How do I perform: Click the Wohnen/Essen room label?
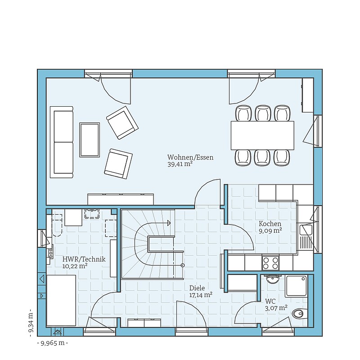point(190,157)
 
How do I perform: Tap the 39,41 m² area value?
point(180,164)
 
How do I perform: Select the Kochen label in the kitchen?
point(270,224)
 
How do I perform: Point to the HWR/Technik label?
point(84,259)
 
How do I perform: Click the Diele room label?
point(197,288)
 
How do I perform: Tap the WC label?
point(270,301)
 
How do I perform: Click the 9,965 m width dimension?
point(52,343)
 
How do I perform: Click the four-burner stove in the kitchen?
point(271,263)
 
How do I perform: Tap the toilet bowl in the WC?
point(300,314)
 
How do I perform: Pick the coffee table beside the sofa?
point(90,140)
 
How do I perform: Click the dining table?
point(262,135)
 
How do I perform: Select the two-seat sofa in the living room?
point(62,142)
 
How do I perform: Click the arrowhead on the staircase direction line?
point(169,223)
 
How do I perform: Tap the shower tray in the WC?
point(296,286)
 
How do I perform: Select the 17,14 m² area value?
point(201,295)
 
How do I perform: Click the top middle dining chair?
point(263,113)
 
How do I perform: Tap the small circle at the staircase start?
point(183,265)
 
